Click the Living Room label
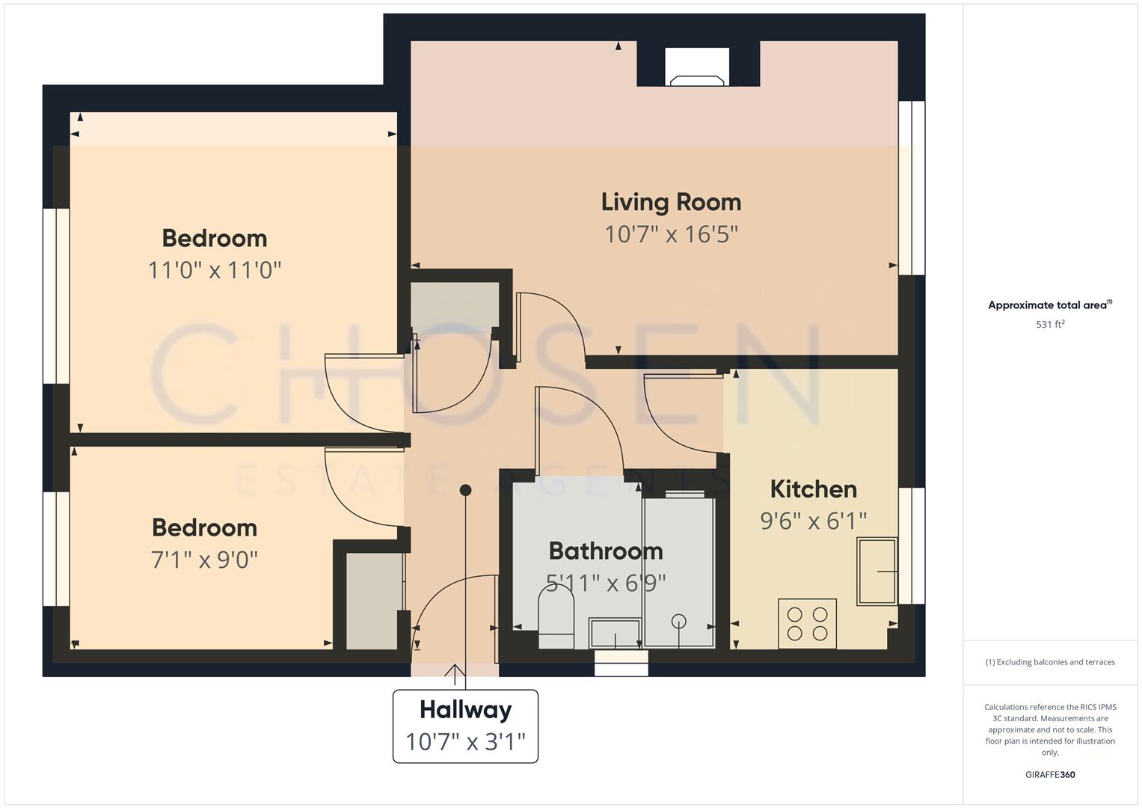click(671, 202)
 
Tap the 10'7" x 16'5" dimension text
click(671, 234)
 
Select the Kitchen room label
click(813, 489)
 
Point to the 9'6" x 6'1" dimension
click(813, 521)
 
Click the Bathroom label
click(606, 551)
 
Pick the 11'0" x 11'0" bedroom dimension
click(215, 269)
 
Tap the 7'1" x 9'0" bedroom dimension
click(204, 559)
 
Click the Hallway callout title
click(465, 709)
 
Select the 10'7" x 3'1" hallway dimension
click(465, 741)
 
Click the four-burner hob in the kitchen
click(807, 623)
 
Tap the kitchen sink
click(877, 571)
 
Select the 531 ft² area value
click(1050, 325)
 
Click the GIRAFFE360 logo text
click(1050, 774)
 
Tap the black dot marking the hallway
click(465, 490)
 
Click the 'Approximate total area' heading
click(1050, 305)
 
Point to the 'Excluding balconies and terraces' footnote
click(1050, 662)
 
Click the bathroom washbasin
click(615, 633)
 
